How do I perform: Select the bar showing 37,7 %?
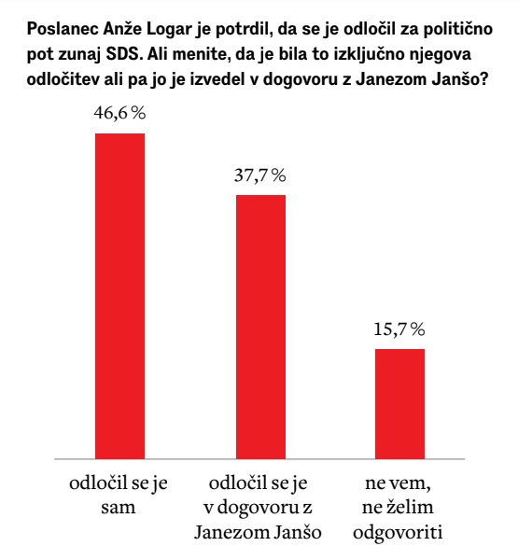tap(260, 327)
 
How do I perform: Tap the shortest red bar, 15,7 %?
tap(400, 403)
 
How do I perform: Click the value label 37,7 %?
tap(260, 176)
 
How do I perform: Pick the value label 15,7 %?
tap(400, 329)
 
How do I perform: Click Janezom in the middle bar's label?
tap(231, 533)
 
